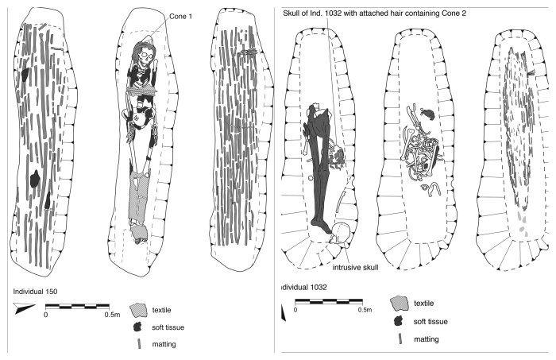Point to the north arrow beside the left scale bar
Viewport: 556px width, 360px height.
(25, 308)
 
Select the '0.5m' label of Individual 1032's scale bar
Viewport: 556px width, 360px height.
(364, 310)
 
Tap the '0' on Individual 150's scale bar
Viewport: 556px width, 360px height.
(45, 315)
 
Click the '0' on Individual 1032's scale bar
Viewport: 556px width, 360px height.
(295, 310)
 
